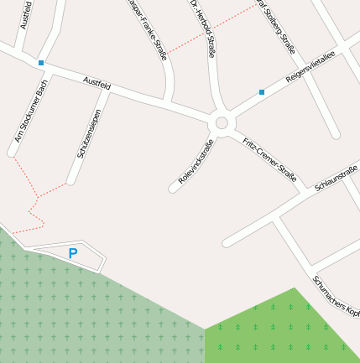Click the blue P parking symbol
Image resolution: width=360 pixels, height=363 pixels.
[x=73, y=252]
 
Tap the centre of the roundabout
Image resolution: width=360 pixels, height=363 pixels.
[x=222, y=123]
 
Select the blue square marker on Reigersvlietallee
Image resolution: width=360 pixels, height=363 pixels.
[x=262, y=92]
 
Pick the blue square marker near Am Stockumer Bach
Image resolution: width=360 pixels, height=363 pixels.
[x=40, y=62]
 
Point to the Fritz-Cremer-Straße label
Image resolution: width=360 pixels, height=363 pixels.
[x=269, y=159]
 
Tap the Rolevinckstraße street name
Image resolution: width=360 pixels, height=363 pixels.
[x=196, y=162]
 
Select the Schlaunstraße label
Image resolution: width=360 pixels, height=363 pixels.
[x=337, y=178]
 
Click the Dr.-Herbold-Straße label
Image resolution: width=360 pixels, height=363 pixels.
[x=203, y=28]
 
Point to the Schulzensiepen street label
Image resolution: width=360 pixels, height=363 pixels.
[x=89, y=133]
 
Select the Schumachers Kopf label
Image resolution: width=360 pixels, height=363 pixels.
[x=336, y=296]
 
